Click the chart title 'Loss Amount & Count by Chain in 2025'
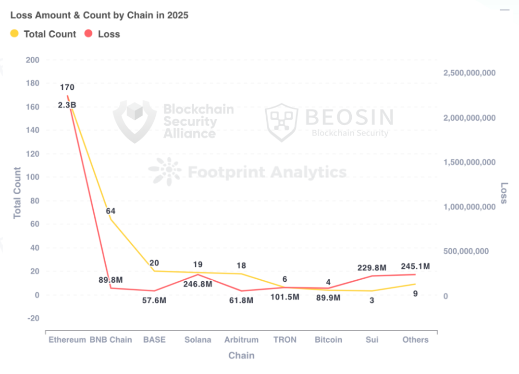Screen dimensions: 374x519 pos(99,15)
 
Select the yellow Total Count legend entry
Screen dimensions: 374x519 pos(43,34)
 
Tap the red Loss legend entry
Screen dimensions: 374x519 pos(102,34)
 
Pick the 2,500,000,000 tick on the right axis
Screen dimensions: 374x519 pos(469,73)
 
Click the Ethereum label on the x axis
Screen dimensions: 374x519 pos(67,340)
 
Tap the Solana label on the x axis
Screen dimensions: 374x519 pos(198,340)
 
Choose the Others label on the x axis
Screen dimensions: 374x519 pos(415,340)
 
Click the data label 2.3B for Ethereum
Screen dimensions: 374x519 pos(67,105)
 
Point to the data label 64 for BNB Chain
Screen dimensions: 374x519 pos(111,211)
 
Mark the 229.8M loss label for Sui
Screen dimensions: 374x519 pos(371,268)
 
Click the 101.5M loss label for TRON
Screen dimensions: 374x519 pos(284,297)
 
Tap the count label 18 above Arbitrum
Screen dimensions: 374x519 pos(241,266)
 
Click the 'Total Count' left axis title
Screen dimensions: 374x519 pos(17,193)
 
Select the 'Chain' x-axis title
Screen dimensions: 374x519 pos(241,356)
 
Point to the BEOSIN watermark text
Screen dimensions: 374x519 pos(349,117)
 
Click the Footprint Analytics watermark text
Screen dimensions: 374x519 pos(267,172)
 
